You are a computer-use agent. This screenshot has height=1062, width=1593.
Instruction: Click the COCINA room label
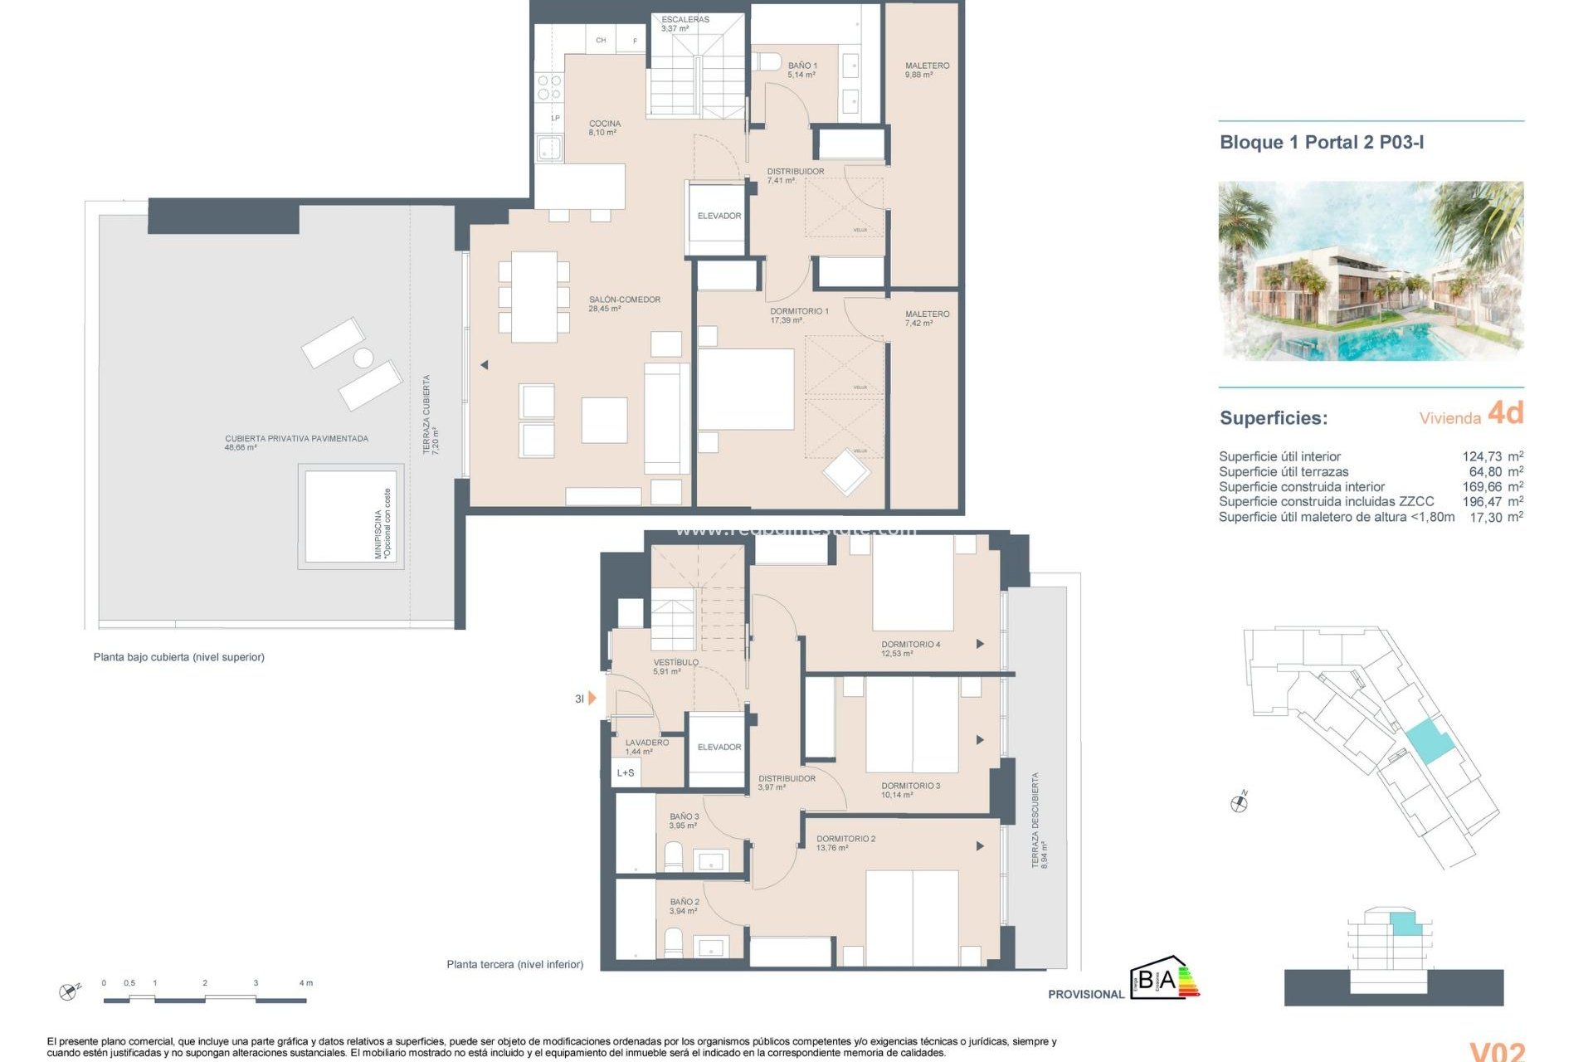tap(604, 127)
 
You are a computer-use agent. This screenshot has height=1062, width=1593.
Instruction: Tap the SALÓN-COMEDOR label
tap(624, 303)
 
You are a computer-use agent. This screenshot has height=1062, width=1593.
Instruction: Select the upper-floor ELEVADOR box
tap(719, 217)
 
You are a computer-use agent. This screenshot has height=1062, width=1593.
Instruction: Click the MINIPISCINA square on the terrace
tap(350, 516)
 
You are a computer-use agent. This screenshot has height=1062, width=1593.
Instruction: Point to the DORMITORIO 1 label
tap(798, 314)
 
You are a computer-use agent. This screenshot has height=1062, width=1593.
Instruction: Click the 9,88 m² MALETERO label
tap(927, 70)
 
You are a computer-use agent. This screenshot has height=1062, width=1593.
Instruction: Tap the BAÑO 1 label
tap(801, 70)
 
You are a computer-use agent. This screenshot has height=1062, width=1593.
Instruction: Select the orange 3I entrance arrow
tap(592, 699)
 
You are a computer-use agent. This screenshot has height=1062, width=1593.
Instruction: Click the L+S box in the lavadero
tap(626, 773)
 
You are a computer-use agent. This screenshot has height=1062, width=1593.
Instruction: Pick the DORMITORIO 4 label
tap(910, 648)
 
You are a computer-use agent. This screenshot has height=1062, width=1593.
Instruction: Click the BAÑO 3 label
tap(684, 821)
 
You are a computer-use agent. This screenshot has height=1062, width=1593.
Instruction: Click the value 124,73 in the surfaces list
tap(1481, 456)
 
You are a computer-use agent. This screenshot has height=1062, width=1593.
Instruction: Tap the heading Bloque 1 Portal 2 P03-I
tap(1321, 142)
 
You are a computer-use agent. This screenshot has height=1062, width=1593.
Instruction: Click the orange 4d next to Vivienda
tap(1505, 412)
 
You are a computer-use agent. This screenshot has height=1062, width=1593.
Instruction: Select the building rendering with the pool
tap(1370, 270)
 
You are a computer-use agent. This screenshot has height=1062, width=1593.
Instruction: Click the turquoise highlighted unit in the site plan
tap(1429, 741)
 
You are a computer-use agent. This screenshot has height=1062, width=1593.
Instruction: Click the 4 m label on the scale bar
tap(305, 983)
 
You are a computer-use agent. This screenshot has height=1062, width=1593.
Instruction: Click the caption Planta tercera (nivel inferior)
tap(514, 964)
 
